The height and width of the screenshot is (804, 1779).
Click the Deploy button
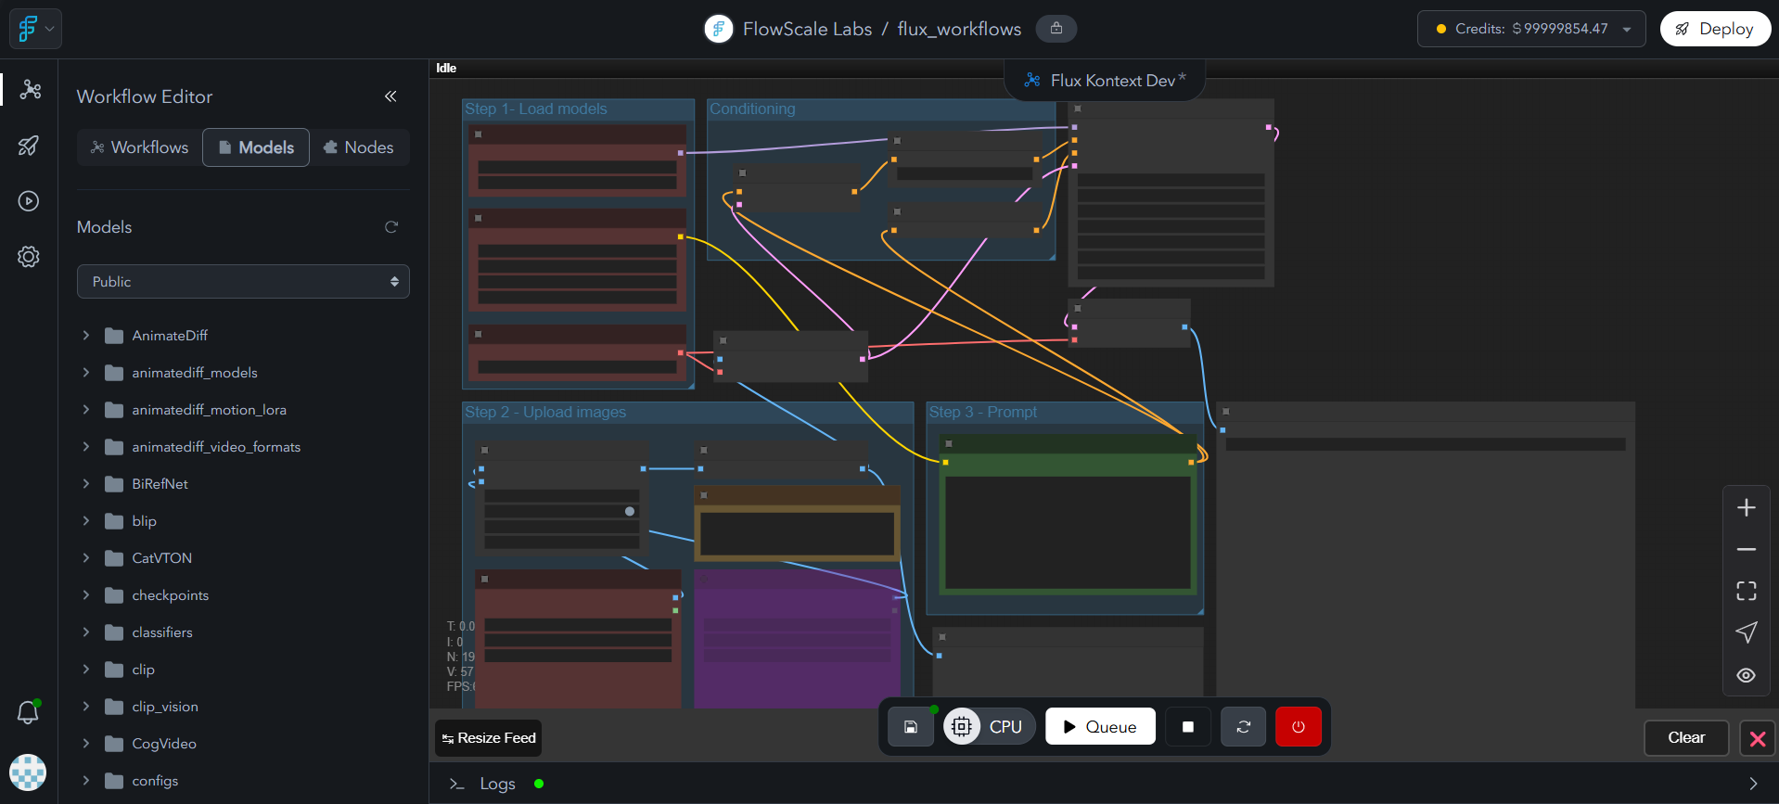coord(1714,29)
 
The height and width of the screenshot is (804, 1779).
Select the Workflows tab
coord(139,147)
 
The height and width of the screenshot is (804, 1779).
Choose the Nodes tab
coord(358,147)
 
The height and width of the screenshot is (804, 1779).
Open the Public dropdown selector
coord(243,282)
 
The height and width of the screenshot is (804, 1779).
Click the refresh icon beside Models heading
coord(391,227)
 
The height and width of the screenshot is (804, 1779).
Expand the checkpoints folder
coord(170,595)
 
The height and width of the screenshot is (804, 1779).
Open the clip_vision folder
coord(164,707)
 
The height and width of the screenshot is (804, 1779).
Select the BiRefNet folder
coord(160,484)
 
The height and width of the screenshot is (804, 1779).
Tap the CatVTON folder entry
coord(161,558)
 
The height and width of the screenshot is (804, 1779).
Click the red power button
coord(1298,727)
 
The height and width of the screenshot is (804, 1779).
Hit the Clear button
coord(1685,738)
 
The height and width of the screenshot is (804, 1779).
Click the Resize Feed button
coord(489,738)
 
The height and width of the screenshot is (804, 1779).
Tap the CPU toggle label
coord(1005,727)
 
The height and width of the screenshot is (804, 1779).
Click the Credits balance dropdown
coord(1530,29)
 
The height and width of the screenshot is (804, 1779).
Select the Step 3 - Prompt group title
coord(983,412)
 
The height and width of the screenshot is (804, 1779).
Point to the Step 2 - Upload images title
coord(545,412)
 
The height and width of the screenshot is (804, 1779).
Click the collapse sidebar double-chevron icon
coord(390,96)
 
